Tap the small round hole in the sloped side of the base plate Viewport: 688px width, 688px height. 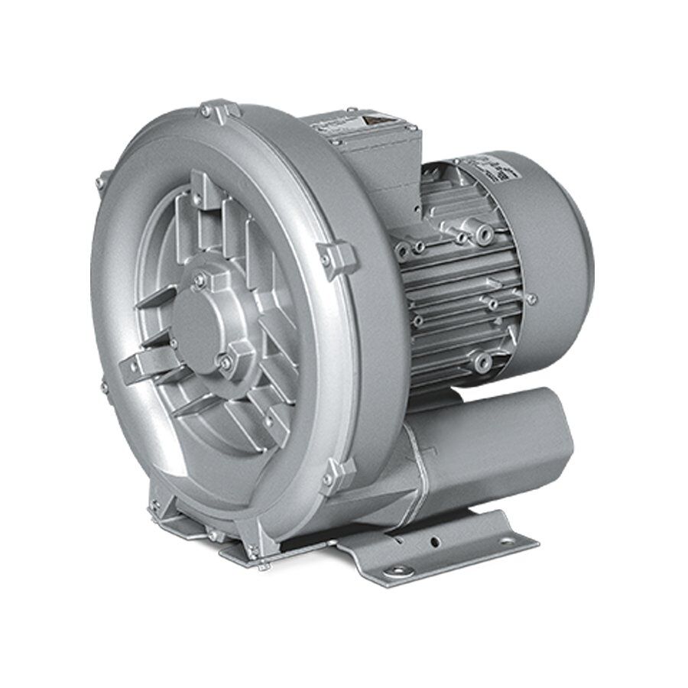[x=436, y=540]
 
